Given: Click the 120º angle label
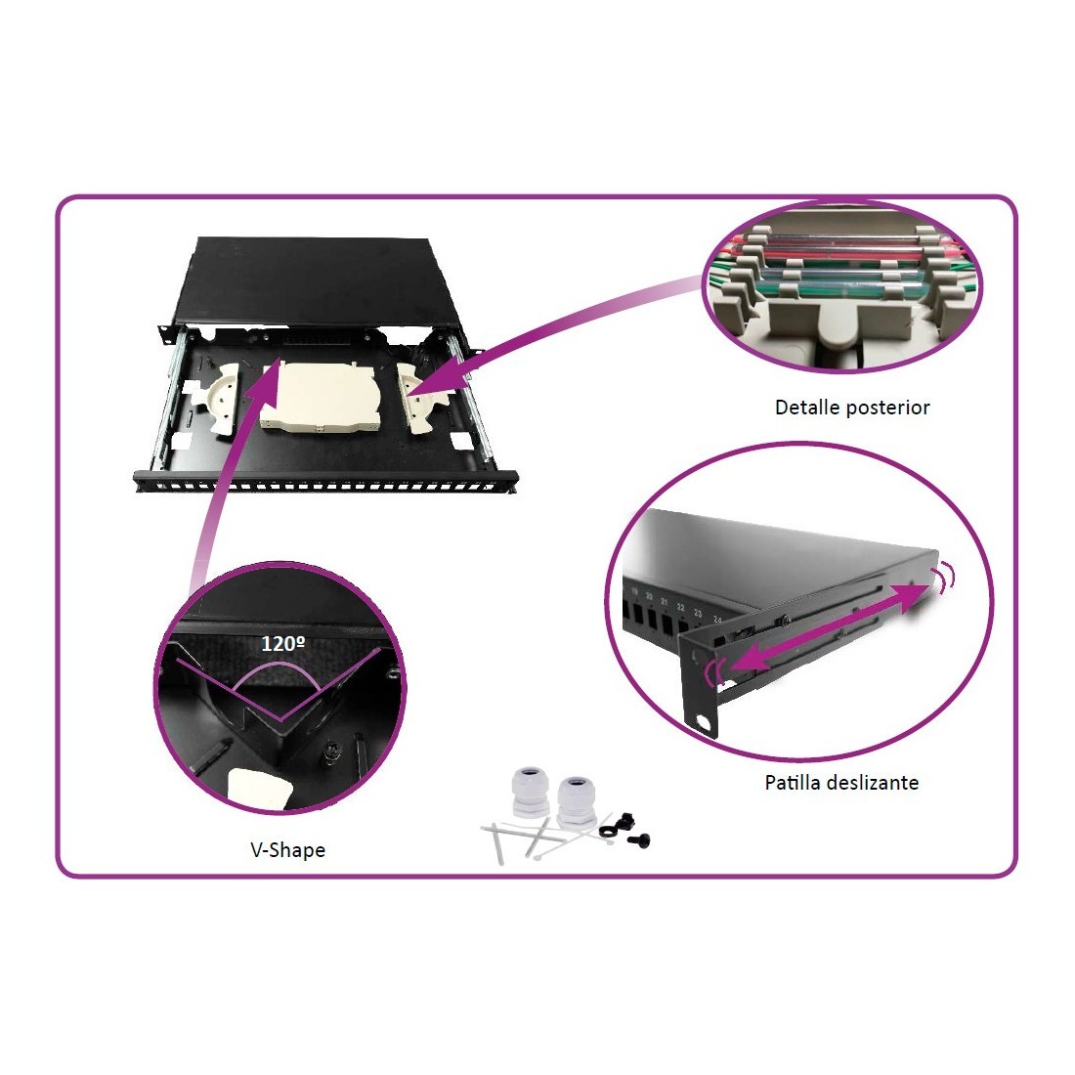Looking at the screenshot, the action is (283, 643).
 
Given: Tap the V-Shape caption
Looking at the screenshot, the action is (288, 850).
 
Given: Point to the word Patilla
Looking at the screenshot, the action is (795, 782).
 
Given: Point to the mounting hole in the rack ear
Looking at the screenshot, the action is (702, 721).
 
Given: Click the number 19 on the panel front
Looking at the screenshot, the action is (634, 590).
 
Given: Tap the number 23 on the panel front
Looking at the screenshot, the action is (698, 613).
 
